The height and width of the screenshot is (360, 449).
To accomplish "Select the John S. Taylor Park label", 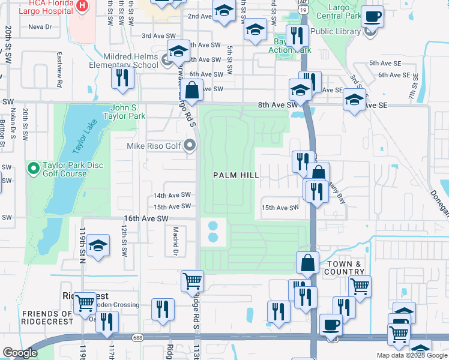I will (x=125, y=112).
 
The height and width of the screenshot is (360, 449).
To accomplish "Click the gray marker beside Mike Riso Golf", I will (x=190, y=145).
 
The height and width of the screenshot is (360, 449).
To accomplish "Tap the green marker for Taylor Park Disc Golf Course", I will (x=34, y=166).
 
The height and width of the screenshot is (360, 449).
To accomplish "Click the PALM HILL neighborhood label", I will (x=237, y=175).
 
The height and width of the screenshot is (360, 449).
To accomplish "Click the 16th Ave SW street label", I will (x=146, y=219).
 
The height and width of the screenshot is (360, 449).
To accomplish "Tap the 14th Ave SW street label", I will (x=172, y=196).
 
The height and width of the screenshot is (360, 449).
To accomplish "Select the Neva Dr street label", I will (x=40, y=27).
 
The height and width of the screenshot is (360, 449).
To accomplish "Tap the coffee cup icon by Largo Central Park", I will (x=373, y=17).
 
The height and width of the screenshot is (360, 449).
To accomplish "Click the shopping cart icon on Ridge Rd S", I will (x=192, y=280).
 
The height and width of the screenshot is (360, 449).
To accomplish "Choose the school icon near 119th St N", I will (x=98, y=245).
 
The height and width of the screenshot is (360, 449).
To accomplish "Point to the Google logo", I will (x=20, y=353).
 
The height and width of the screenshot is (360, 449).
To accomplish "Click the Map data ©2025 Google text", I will (x=411, y=355).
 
